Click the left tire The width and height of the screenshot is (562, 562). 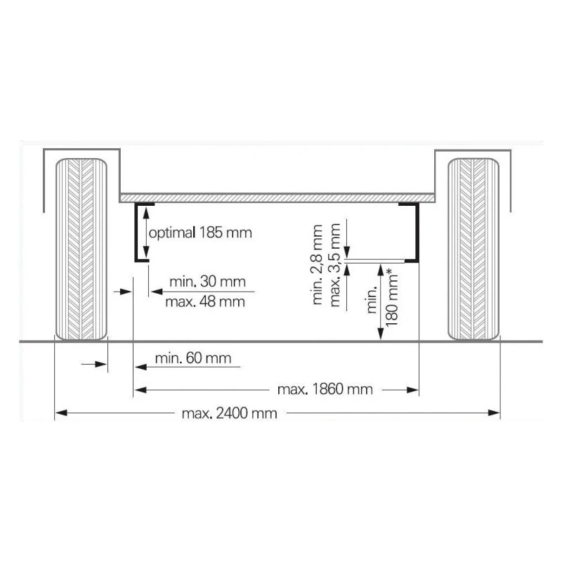pos(81,249)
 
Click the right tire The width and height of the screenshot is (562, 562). pos(473,249)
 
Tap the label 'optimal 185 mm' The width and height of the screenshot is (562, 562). pos(200,233)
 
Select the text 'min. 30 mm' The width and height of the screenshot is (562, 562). pos(207,282)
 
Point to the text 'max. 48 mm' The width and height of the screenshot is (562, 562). pos(205,302)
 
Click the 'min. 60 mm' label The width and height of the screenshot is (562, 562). pos(193,358)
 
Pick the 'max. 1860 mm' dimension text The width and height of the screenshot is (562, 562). pos(325,389)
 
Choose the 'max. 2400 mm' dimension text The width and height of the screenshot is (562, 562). pos(230,414)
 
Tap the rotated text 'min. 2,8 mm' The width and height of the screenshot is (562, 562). pos(318,265)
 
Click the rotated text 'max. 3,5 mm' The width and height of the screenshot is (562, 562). pos(335,266)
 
